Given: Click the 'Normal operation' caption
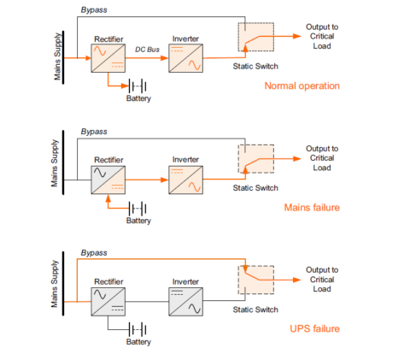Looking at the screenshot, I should (x=302, y=86).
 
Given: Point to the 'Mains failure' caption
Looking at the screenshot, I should (x=311, y=208).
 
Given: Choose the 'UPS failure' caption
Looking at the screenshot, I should (x=314, y=329).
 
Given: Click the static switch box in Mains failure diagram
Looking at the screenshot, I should (x=255, y=159).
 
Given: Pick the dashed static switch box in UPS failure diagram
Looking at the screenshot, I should (x=255, y=280).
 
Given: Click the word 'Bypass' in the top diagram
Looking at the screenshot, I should (x=94, y=9).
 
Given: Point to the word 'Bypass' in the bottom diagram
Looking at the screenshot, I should (x=94, y=253).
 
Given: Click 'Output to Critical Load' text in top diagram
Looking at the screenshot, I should (x=321, y=37).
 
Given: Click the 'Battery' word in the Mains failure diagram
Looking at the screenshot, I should (x=138, y=221).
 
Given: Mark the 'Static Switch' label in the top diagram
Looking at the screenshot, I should (x=255, y=66).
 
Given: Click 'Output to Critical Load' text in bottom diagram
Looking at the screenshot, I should (x=321, y=280).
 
